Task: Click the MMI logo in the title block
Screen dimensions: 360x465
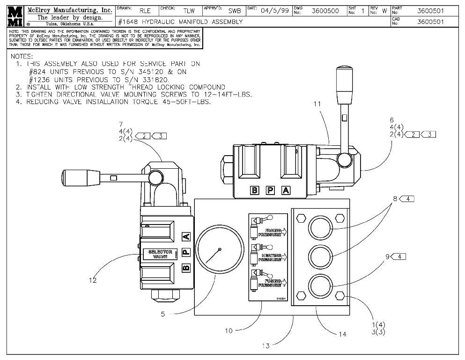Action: (15, 16)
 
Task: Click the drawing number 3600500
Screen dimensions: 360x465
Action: (325, 11)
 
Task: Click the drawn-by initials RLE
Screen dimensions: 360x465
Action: (145, 11)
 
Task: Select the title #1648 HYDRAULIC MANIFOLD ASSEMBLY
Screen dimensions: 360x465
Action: (181, 22)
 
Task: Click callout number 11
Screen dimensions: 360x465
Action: (317, 104)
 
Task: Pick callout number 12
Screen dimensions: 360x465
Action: (93, 280)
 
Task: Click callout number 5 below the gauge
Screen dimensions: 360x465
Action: (162, 315)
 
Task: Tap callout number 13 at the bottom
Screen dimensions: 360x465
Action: (266, 346)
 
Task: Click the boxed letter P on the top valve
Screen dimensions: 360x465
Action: (270, 190)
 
